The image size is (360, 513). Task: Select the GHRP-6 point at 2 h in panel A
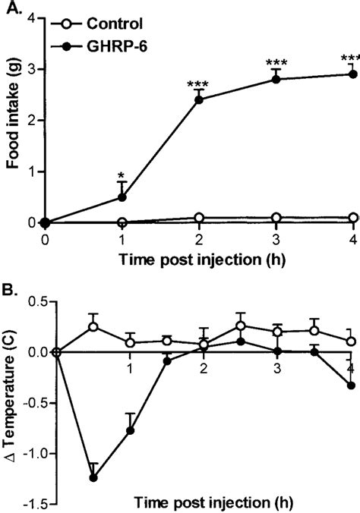point(199,99)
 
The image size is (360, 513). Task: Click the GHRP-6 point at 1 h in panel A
point(122,197)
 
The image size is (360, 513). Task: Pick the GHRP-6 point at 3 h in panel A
point(276,79)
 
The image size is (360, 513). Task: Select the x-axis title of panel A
point(199,259)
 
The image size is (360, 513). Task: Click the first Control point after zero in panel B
point(94,327)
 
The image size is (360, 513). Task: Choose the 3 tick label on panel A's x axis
point(276,239)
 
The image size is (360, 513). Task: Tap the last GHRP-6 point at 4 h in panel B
point(352,386)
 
